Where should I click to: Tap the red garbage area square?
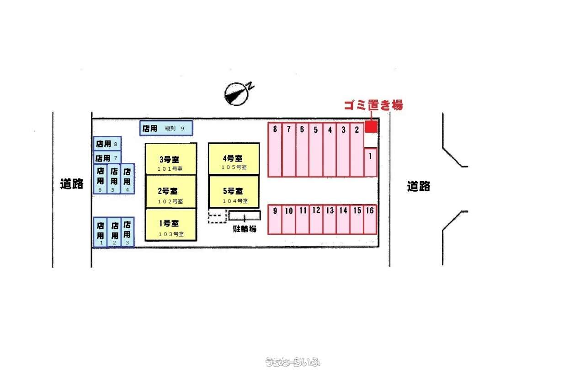371,126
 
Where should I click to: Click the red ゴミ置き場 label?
373,105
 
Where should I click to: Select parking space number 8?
275,150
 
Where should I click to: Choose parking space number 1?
371,162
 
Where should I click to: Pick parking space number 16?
370,219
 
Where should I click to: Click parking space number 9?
275,219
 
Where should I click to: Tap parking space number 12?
316,219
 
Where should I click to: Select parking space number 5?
316,150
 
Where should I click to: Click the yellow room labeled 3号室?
171,159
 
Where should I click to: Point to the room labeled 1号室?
171,225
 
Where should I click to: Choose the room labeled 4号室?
234,159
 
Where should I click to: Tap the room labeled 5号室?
234,192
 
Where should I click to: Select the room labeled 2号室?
171,192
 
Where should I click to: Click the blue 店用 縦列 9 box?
166,128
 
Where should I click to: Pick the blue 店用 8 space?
107,144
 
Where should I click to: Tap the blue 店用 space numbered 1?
100,232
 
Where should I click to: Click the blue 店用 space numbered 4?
128,179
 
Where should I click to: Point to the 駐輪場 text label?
245,229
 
